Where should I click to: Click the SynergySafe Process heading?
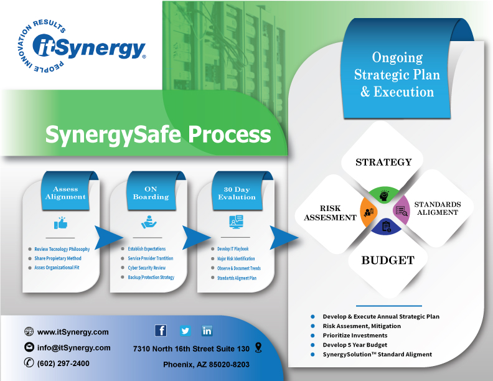158,134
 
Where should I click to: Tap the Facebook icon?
161,331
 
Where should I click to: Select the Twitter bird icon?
185,331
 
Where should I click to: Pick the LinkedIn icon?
207,331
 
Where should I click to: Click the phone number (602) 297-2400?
63,363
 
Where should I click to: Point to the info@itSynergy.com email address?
73,347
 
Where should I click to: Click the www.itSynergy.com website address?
73,332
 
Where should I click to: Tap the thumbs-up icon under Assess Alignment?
60,222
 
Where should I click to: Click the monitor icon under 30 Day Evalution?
236,221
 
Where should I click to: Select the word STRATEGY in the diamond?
383,162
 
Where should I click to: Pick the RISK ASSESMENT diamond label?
329,213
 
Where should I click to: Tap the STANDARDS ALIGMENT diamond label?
437,208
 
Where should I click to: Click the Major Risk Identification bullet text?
232,258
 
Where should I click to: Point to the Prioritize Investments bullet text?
355,336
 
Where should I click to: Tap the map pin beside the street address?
259,347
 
